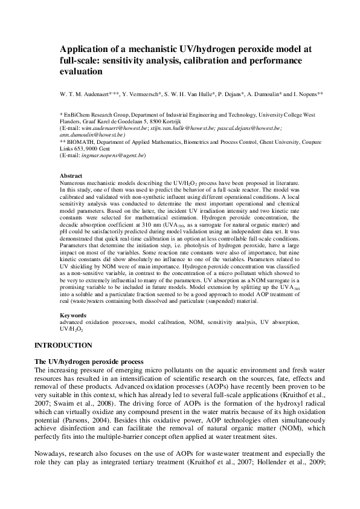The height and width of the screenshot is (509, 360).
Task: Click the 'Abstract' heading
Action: pyautogui.click(x=72, y=175)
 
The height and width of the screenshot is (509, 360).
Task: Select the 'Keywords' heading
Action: pyautogui.click(x=74, y=315)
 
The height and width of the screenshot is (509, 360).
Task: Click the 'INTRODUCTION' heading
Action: pyautogui.click(x=63, y=345)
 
